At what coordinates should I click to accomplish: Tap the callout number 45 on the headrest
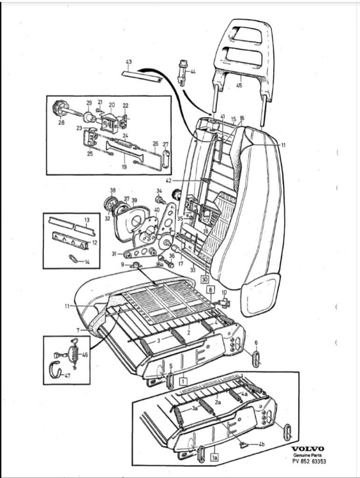click(x=239, y=85)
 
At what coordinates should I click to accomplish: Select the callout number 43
click(x=129, y=62)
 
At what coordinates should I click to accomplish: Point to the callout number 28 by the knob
click(x=61, y=123)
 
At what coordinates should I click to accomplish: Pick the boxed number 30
click(x=205, y=279)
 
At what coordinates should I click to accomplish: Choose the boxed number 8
click(x=210, y=289)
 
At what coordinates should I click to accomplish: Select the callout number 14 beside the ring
click(x=87, y=261)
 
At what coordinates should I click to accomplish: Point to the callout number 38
click(x=112, y=190)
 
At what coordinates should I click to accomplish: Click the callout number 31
click(x=114, y=253)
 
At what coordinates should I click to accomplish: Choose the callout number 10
click(x=224, y=293)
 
